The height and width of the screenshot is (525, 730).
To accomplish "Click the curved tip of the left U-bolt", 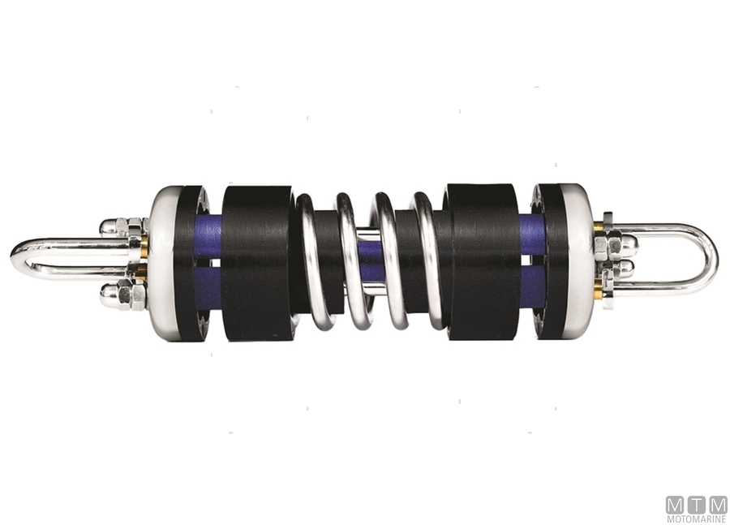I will pos(18,259).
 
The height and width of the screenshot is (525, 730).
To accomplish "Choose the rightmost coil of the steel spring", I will pos(430,260).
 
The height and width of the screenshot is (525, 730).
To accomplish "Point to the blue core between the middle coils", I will pos(371,269).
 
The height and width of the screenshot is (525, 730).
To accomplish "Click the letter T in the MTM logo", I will pos(697,504).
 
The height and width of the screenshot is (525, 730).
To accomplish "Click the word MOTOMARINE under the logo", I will pos(696,518).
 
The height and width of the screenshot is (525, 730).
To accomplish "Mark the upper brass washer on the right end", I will pos(599,228).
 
